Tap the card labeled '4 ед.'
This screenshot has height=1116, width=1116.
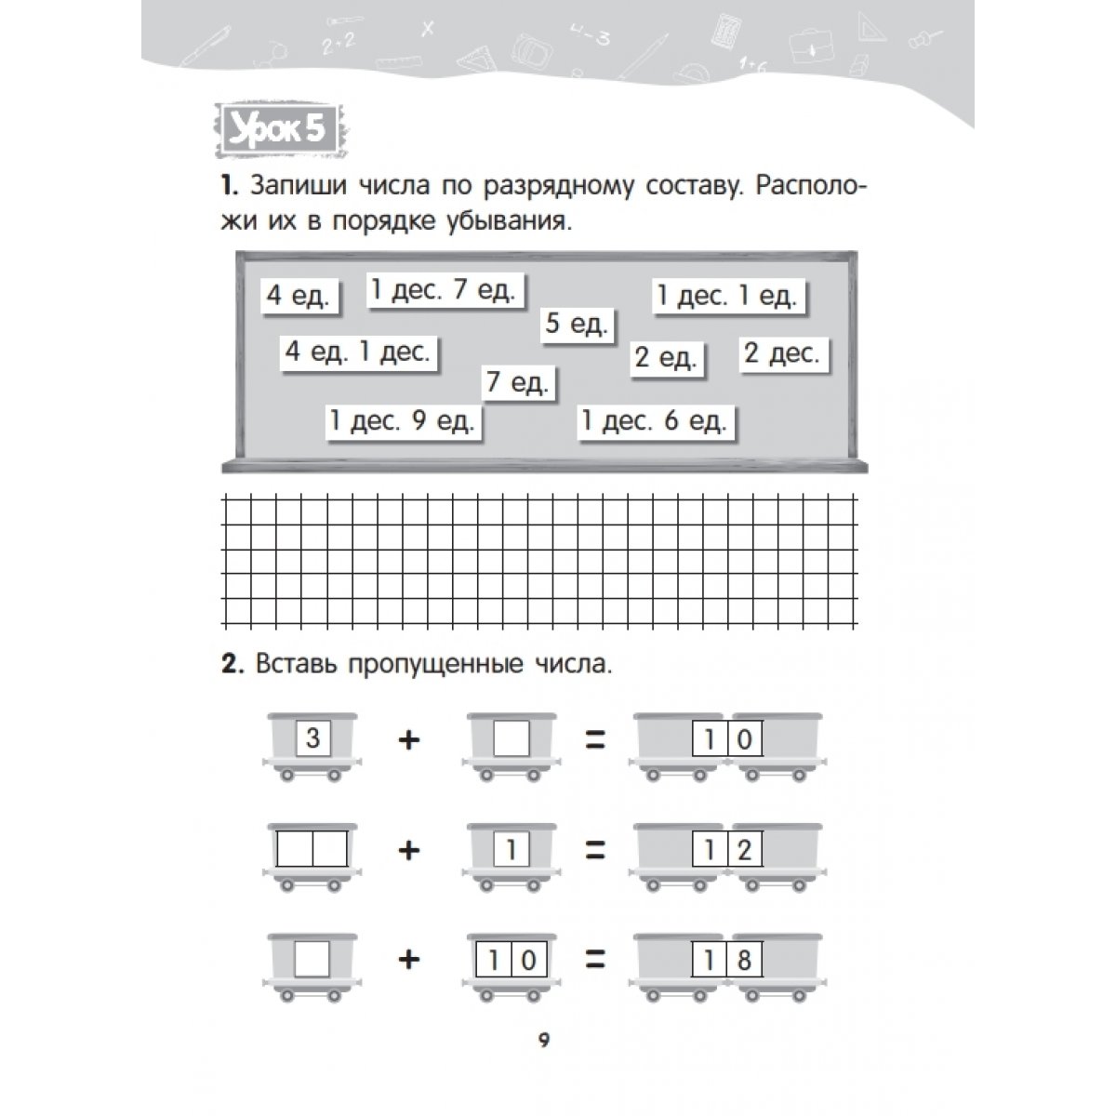pos(299,296)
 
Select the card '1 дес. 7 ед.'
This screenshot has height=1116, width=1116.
pos(443,290)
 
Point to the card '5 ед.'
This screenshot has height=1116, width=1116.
pos(577,325)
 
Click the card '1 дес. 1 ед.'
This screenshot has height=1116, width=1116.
pos(726,296)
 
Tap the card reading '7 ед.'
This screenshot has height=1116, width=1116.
pos(518,382)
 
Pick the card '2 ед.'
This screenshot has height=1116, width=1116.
pos(666,358)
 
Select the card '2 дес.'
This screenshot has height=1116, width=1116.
pos(782,353)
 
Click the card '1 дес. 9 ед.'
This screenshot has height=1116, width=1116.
pos(403,420)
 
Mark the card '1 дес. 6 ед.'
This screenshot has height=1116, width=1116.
pos(654,421)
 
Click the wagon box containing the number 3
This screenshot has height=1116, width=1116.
pos(312,739)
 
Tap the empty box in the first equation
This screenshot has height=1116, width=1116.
pos(511,740)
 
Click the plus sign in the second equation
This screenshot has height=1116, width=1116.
pos(409,849)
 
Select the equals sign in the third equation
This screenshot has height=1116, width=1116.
pos(594,959)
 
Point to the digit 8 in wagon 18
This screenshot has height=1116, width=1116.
pos(744,959)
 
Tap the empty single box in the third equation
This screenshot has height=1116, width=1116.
pos(312,959)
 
